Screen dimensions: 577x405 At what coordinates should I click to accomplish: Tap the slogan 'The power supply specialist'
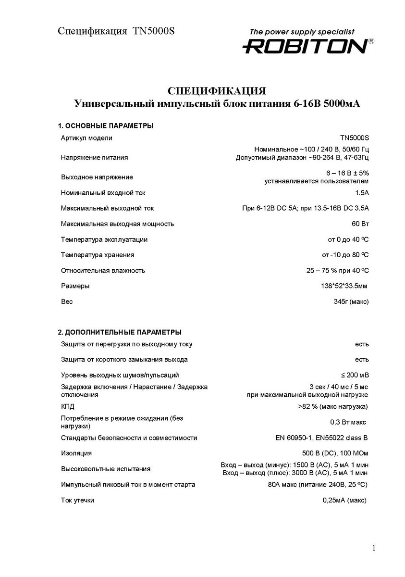301,32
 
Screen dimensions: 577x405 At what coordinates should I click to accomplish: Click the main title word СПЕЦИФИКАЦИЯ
216,91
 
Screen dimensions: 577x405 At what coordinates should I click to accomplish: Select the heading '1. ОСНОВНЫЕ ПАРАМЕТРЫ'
106,126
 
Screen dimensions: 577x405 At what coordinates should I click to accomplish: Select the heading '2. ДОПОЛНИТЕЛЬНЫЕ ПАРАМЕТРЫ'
120,332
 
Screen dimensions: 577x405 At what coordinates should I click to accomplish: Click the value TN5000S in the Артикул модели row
355,138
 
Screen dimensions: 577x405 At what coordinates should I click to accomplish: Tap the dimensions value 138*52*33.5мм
341,286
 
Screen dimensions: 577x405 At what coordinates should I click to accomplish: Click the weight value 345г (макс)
348,301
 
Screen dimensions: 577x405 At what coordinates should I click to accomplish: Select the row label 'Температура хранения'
98,255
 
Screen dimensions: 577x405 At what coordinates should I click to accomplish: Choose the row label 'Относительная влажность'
103,270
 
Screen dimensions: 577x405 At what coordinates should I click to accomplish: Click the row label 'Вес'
67,301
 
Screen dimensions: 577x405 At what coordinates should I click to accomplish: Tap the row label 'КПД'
68,407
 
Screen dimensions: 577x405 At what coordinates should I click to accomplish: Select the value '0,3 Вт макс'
348,422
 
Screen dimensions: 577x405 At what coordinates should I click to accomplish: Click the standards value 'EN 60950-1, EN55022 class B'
322,438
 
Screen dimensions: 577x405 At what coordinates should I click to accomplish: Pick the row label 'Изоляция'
76,453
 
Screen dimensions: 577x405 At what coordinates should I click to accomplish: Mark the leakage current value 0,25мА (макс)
344,501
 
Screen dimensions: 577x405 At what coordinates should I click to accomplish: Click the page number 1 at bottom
374,548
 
